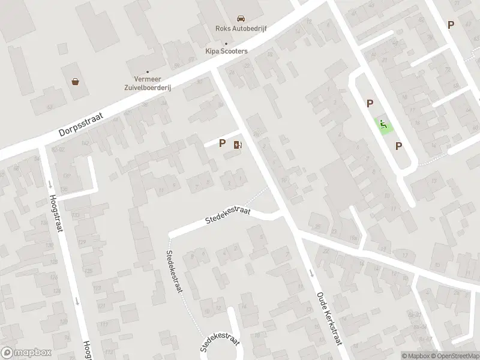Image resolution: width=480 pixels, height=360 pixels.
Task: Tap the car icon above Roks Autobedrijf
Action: pos(241,19)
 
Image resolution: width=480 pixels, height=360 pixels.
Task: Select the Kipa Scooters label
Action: pos(226,51)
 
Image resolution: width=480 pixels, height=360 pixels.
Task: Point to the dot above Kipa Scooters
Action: pos(226,43)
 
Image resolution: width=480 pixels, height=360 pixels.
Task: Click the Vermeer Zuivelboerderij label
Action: pos(146,83)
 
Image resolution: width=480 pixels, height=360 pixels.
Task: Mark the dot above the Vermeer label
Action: pos(148,72)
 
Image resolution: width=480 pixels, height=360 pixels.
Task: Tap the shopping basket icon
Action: pos(76,82)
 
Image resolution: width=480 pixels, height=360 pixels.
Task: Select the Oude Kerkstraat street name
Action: pos(329,318)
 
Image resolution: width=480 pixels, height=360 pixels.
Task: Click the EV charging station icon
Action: pos(238,144)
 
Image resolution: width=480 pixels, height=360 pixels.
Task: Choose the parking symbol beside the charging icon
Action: pos(223,143)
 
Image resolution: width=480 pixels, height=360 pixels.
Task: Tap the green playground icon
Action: pos(382,124)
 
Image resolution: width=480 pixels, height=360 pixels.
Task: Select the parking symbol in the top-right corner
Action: pos(451,25)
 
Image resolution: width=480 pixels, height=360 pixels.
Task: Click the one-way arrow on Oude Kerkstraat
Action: pos(311,273)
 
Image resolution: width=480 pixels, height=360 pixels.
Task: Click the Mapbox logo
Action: pos(27,353)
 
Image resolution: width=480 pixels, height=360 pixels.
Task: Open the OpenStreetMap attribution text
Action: pos(454,356)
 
